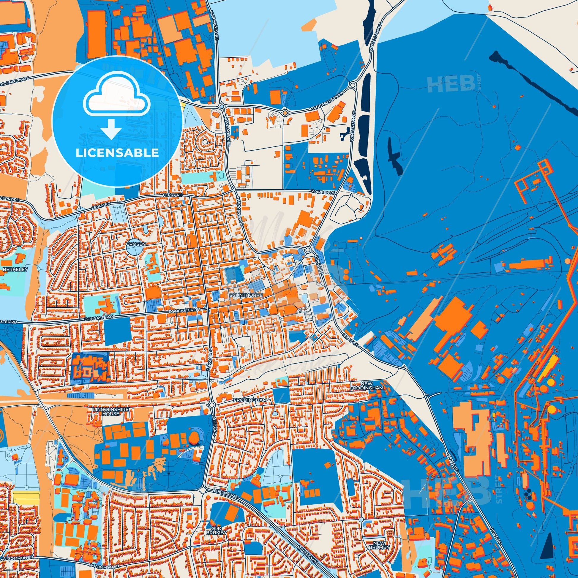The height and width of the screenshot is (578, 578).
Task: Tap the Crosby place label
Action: point(136,244)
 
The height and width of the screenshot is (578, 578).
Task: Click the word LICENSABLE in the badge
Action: point(117,153)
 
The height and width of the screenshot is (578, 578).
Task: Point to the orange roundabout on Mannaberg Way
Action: point(285,113)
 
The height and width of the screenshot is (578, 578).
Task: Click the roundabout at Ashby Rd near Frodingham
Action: point(212,405)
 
